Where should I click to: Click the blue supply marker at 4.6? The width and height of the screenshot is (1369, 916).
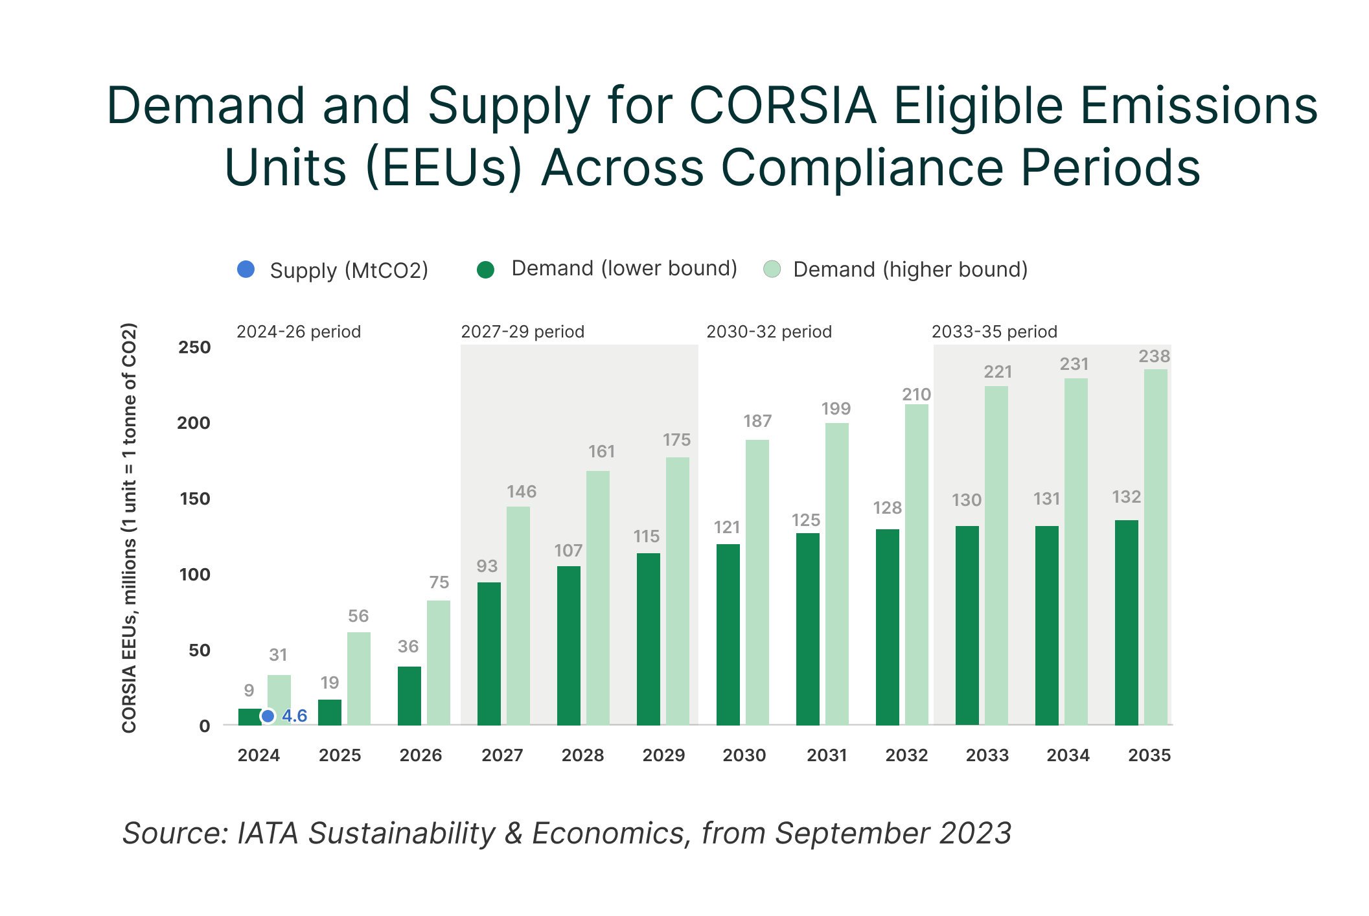point(268,716)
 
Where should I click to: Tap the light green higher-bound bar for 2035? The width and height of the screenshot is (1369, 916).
point(1155,547)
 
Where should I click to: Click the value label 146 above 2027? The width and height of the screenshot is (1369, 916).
point(522,492)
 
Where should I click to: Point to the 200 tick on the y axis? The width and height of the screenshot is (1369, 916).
point(194,423)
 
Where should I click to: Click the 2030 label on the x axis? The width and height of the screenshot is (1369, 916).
point(744,755)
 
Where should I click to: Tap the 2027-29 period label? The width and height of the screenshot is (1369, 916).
point(522,332)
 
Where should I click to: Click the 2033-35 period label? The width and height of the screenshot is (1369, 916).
point(994,332)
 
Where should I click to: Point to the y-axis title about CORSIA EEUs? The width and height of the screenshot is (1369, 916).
point(129,528)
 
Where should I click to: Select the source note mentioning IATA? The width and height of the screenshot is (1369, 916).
point(566,833)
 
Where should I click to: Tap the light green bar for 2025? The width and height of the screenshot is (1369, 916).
point(358,679)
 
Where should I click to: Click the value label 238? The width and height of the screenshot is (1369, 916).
point(1155,356)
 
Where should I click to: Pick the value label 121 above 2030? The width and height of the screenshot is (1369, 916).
point(727,527)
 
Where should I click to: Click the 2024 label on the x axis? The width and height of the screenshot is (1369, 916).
point(259,755)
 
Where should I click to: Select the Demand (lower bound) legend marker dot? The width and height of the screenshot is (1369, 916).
point(485,269)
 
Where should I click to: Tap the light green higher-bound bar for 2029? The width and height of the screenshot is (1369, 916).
point(677,591)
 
